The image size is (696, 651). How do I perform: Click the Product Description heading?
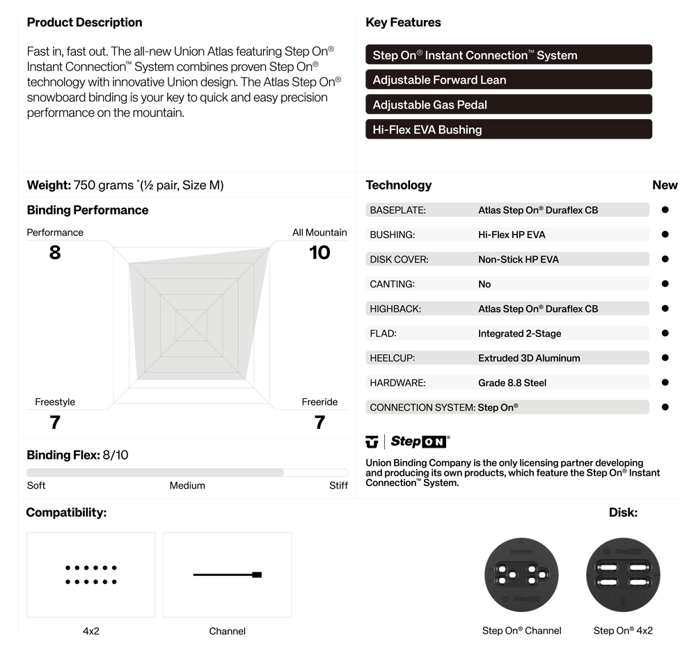tap(84, 22)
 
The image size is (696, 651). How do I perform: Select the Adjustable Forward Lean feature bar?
tap(508, 79)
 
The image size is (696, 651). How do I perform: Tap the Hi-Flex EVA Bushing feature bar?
tap(508, 130)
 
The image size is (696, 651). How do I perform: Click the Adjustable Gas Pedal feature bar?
tap(508, 104)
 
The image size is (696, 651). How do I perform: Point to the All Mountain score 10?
tap(319, 252)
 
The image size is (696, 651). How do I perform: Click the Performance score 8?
tap(55, 252)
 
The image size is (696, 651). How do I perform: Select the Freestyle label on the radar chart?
tap(55, 402)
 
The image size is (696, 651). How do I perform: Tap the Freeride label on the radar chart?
tap(319, 402)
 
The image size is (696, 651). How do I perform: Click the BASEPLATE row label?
tap(397, 210)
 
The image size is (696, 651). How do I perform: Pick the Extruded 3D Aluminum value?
tap(529, 358)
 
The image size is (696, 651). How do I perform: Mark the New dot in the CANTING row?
tap(665, 283)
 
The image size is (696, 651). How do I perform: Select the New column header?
tap(665, 185)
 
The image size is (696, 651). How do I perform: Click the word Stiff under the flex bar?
tap(338, 485)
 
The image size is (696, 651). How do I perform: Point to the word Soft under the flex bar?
tap(36, 485)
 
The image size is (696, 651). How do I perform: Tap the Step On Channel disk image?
tap(521, 575)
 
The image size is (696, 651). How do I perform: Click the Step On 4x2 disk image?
tap(623, 575)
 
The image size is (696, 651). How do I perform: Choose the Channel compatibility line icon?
tap(227, 574)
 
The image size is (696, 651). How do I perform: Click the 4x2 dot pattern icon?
tap(91, 574)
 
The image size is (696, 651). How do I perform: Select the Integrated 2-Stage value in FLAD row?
tap(519, 334)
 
